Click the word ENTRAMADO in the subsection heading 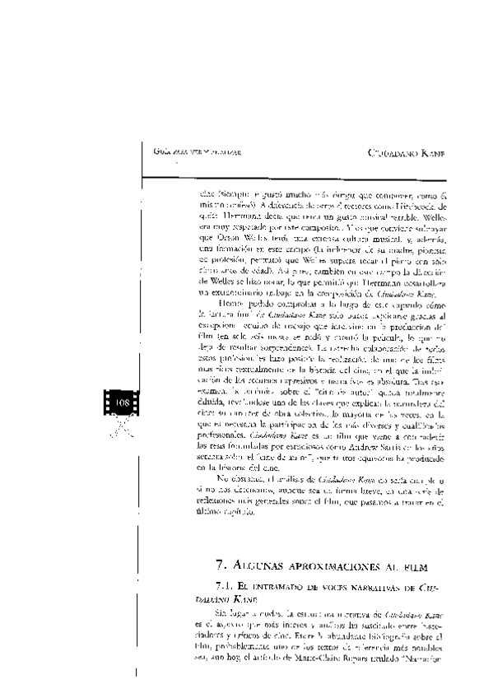click(281, 586)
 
